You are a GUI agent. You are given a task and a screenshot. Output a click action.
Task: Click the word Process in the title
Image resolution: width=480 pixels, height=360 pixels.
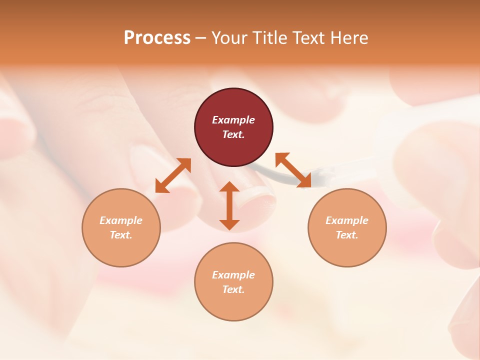pos(157,37)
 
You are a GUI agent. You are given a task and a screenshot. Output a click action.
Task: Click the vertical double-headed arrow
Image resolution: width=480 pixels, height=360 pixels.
pos(229,205)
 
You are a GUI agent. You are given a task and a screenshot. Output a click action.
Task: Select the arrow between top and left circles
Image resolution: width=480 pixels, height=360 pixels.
pos(173,175)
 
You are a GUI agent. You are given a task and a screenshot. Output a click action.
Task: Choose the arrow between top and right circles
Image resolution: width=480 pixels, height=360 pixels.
pos(293,170)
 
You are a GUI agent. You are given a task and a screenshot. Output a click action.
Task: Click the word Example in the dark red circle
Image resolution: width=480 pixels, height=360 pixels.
pos(233,120)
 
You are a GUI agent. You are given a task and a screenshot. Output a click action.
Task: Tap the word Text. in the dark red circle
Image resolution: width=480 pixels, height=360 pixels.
pos(233,134)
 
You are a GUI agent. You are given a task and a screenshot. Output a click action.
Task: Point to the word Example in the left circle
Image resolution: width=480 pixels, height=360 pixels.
pos(121,220)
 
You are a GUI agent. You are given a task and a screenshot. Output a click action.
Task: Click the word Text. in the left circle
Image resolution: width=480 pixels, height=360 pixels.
pos(121,235)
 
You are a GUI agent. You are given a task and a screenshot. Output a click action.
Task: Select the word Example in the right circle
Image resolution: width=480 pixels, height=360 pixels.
pos(347,220)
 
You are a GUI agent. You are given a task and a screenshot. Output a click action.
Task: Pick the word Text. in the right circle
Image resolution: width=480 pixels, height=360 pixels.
pos(347,235)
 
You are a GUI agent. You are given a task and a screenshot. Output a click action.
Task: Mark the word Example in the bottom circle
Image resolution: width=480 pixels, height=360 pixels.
pos(233,275)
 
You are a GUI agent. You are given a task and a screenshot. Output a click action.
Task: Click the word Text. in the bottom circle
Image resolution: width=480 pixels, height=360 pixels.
pos(233,289)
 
